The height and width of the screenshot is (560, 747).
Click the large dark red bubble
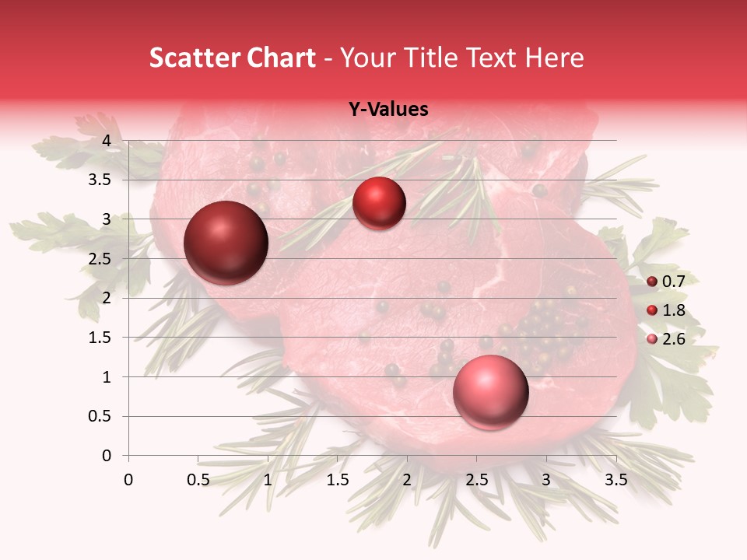[226, 243]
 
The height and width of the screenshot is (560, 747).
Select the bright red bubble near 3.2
[379, 204]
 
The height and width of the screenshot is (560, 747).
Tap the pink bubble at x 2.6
[490, 392]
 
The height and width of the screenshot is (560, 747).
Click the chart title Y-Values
[388, 110]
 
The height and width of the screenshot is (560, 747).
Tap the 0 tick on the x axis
[128, 480]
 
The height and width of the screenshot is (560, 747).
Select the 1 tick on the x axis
[268, 480]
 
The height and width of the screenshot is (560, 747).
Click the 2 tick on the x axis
[407, 480]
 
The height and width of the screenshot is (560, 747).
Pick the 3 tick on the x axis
[546, 480]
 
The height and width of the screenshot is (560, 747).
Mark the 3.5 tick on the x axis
[615, 480]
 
